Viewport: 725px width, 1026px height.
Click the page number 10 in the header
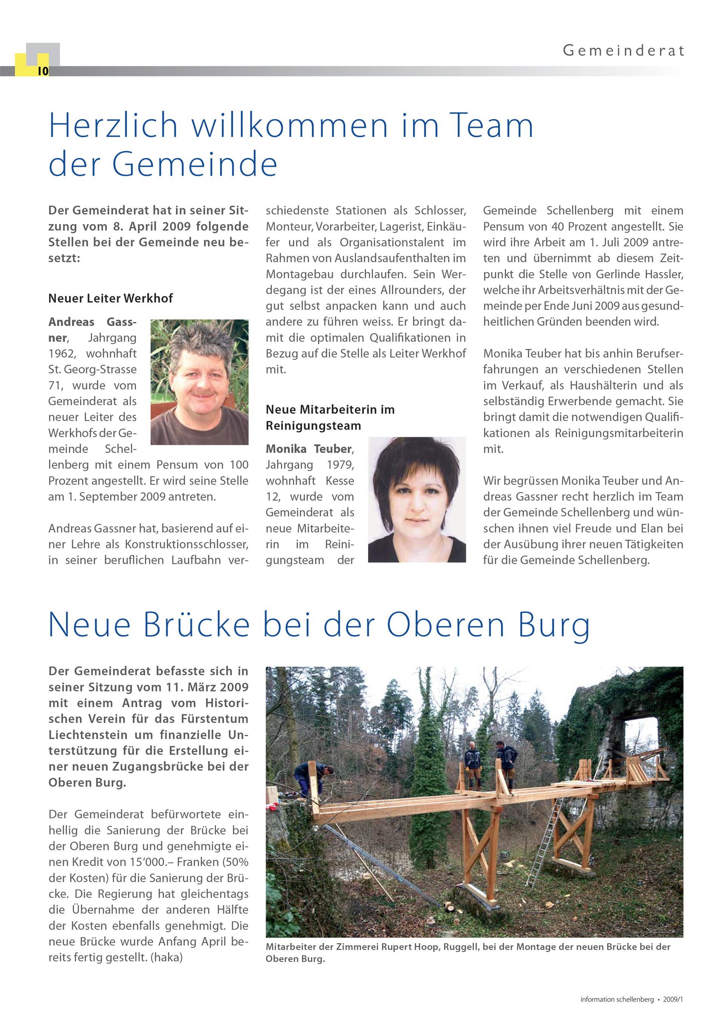[x=43, y=71]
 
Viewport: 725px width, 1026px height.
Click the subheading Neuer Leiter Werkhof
[x=110, y=298]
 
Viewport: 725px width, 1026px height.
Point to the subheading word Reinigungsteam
[x=313, y=426]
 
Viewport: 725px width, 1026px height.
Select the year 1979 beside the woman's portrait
[x=340, y=465]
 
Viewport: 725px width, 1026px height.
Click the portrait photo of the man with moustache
[x=199, y=382]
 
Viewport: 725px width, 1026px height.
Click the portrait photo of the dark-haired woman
[x=416, y=499]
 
